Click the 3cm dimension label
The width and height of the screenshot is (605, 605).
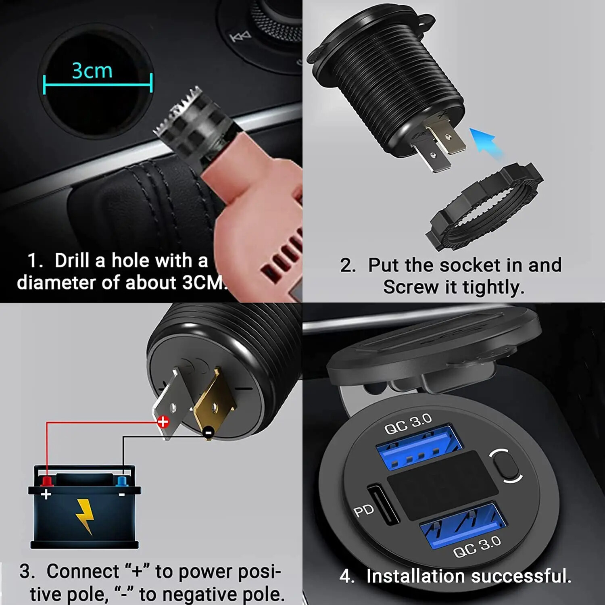[92, 71]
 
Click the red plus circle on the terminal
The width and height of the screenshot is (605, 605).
[163, 422]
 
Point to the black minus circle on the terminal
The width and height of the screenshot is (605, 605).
[208, 432]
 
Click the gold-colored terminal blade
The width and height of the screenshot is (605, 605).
[214, 403]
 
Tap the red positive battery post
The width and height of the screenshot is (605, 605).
[47, 481]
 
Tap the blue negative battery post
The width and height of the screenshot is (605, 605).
[121, 481]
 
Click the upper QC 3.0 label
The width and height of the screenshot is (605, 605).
[408, 424]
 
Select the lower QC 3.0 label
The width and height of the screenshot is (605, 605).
[477, 547]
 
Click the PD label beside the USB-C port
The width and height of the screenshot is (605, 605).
[363, 511]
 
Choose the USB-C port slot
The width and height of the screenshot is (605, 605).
[383, 504]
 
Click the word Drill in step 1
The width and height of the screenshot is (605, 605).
[72, 261]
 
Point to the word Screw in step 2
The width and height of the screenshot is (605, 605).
[410, 287]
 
